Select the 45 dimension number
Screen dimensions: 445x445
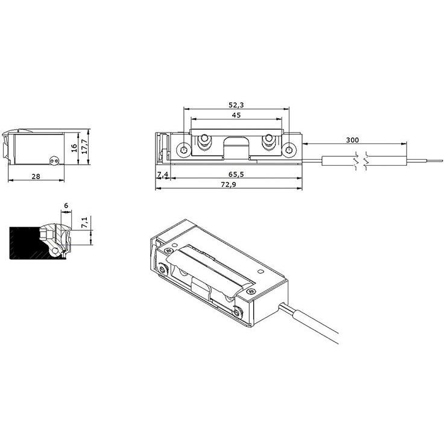click(x=236, y=115)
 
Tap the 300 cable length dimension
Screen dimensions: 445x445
click(x=353, y=140)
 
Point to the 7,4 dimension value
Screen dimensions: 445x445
click(x=162, y=174)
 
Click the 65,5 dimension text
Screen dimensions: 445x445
click(x=229, y=174)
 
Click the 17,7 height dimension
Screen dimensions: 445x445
click(x=85, y=145)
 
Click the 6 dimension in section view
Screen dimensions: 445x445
click(x=66, y=206)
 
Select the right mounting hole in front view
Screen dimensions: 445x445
click(x=290, y=149)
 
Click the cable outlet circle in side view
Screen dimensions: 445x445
click(x=54, y=160)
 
